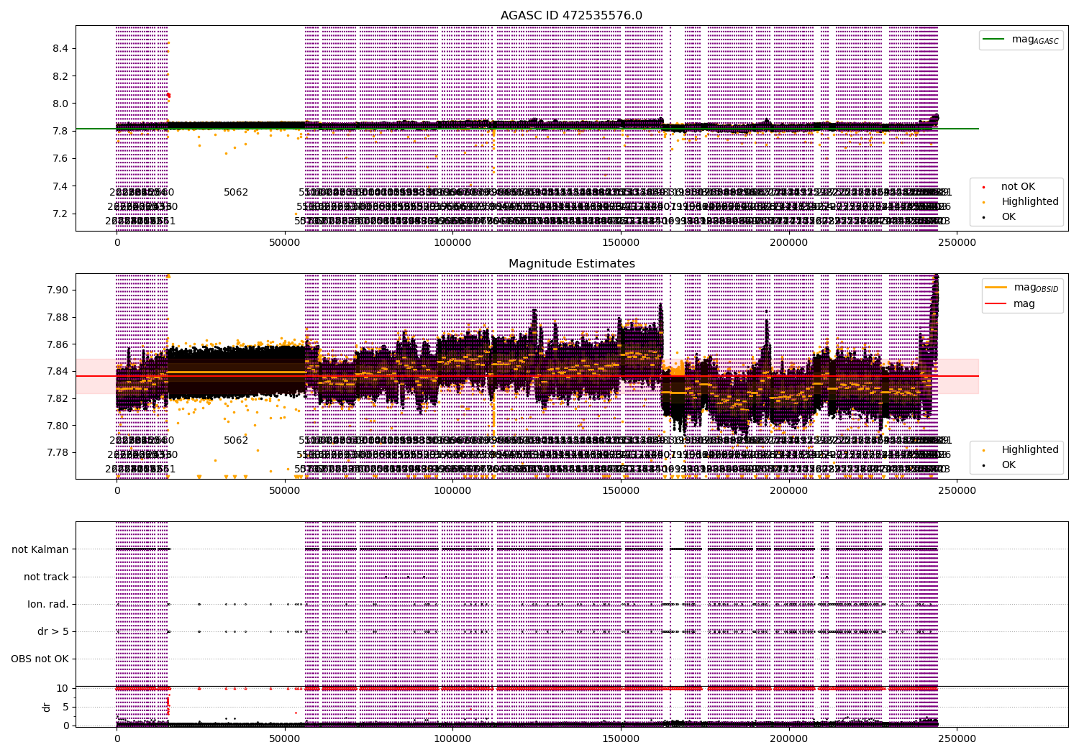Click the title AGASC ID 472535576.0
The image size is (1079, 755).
click(571, 16)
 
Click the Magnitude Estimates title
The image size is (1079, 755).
click(571, 264)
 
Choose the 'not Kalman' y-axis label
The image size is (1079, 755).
click(40, 549)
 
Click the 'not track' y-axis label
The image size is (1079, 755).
click(46, 577)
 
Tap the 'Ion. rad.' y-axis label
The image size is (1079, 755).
click(48, 604)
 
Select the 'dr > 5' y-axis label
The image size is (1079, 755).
click(53, 631)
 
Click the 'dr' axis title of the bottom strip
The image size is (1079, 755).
click(47, 707)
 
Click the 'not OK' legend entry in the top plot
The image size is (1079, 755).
click(1018, 187)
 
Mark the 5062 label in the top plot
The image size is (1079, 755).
click(236, 193)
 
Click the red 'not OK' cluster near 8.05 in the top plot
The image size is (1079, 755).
click(168, 95)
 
